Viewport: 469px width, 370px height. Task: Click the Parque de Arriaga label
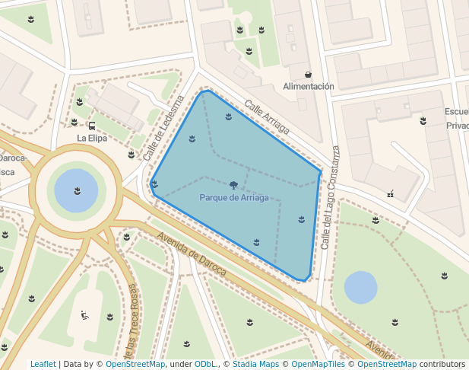click(234, 197)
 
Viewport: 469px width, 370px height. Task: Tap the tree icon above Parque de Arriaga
click(233, 184)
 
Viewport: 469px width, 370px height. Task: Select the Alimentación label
click(308, 86)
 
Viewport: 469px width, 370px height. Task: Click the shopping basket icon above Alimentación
click(308, 75)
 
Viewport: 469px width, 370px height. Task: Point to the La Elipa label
click(92, 138)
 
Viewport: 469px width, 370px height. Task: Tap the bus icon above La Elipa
click(92, 126)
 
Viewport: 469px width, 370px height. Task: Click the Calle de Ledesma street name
click(164, 127)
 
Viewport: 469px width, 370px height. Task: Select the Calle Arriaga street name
click(266, 117)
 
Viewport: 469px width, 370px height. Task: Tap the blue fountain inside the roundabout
click(76, 190)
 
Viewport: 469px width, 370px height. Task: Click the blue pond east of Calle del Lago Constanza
click(360, 287)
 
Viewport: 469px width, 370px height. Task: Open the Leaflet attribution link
click(43, 364)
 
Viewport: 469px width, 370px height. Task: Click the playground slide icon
click(84, 314)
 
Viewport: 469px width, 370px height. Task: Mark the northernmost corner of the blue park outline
click(204, 91)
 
